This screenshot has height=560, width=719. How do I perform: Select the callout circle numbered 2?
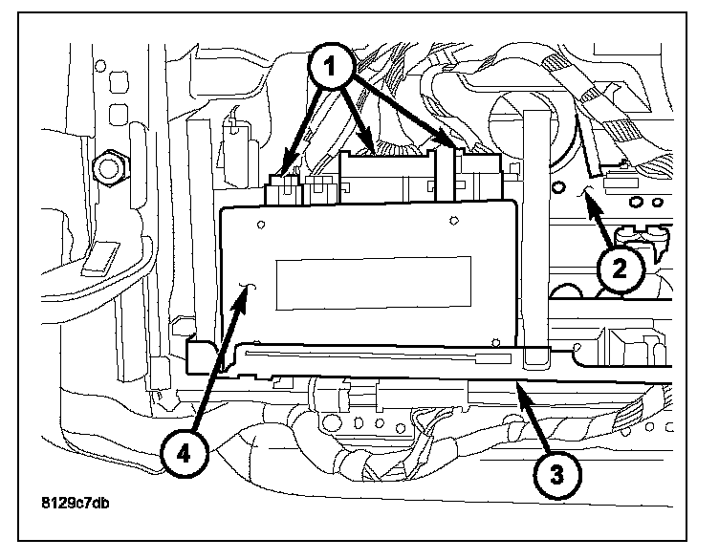620,269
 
